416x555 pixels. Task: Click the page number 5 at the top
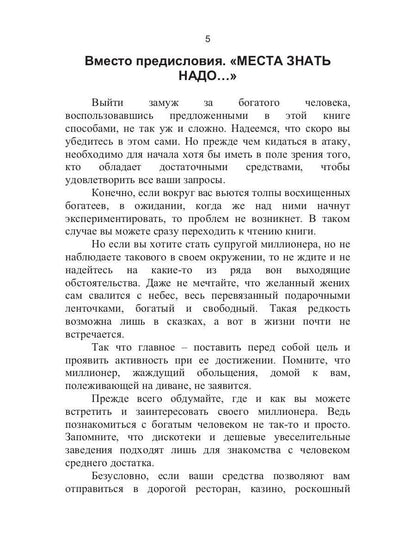click(208, 38)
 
